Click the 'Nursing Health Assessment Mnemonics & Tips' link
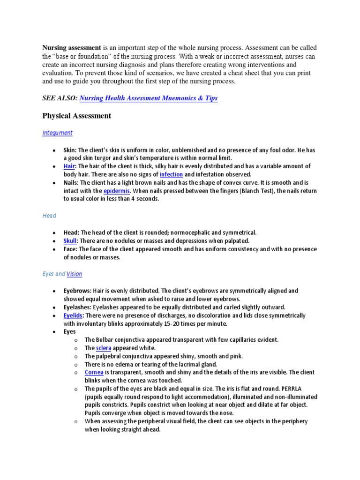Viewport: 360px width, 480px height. pos(149,98)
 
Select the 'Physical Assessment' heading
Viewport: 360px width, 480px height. pos(77,116)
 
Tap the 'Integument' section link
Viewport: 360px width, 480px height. pos(57,133)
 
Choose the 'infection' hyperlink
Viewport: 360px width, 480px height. pos(171,174)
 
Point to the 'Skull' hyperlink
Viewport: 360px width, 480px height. pos(70,240)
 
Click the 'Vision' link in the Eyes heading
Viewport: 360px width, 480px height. pos(75,274)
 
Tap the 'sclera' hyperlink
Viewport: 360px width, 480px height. pos(103,348)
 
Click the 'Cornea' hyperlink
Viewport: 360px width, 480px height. pos(92,372)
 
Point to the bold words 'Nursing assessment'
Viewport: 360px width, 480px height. pos(72,48)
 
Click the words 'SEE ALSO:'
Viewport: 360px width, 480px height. pos(60,98)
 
